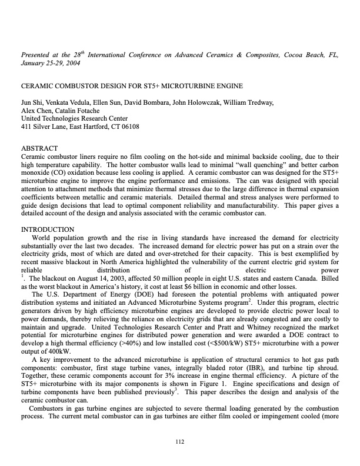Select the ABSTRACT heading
(39, 148)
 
